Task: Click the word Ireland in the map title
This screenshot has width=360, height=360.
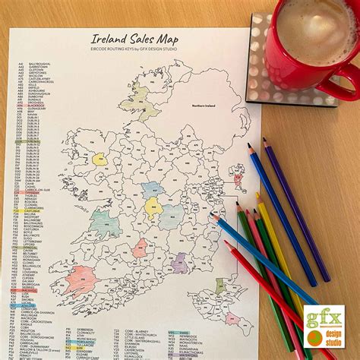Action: click(x=107, y=39)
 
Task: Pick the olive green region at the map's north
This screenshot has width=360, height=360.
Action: click(x=137, y=99)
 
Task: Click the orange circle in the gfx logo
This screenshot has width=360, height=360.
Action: click(x=314, y=336)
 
